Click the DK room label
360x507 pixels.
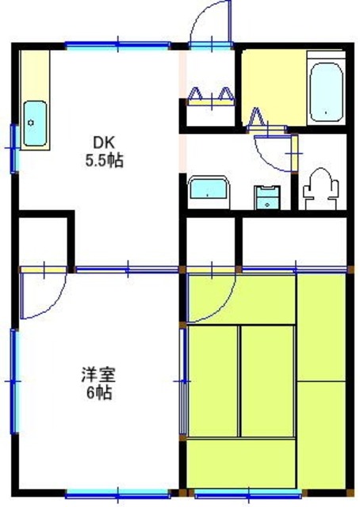click(x=104, y=141)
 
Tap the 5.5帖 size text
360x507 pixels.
click(x=104, y=160)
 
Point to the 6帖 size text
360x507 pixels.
click(x=98, y=393)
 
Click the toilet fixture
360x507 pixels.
click(x=320, y=189)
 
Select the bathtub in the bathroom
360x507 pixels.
click(x=326, y=92)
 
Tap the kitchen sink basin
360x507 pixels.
click(x=35, y=124)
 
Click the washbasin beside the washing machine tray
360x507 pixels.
click(x=209, y=192)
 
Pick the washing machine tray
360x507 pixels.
click(x=267, y=197)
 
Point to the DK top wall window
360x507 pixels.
click(x=118, y=45)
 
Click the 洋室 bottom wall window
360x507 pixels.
click(x=118, y=494)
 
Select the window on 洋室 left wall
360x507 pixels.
click(x=13, y=381)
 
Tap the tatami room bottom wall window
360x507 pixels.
click(x=248, y=494)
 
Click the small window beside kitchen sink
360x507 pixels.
click(x=14, y=148)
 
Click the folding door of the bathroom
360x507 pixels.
click(x=266, y=121)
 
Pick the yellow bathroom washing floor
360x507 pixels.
click(x=274, y=87)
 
